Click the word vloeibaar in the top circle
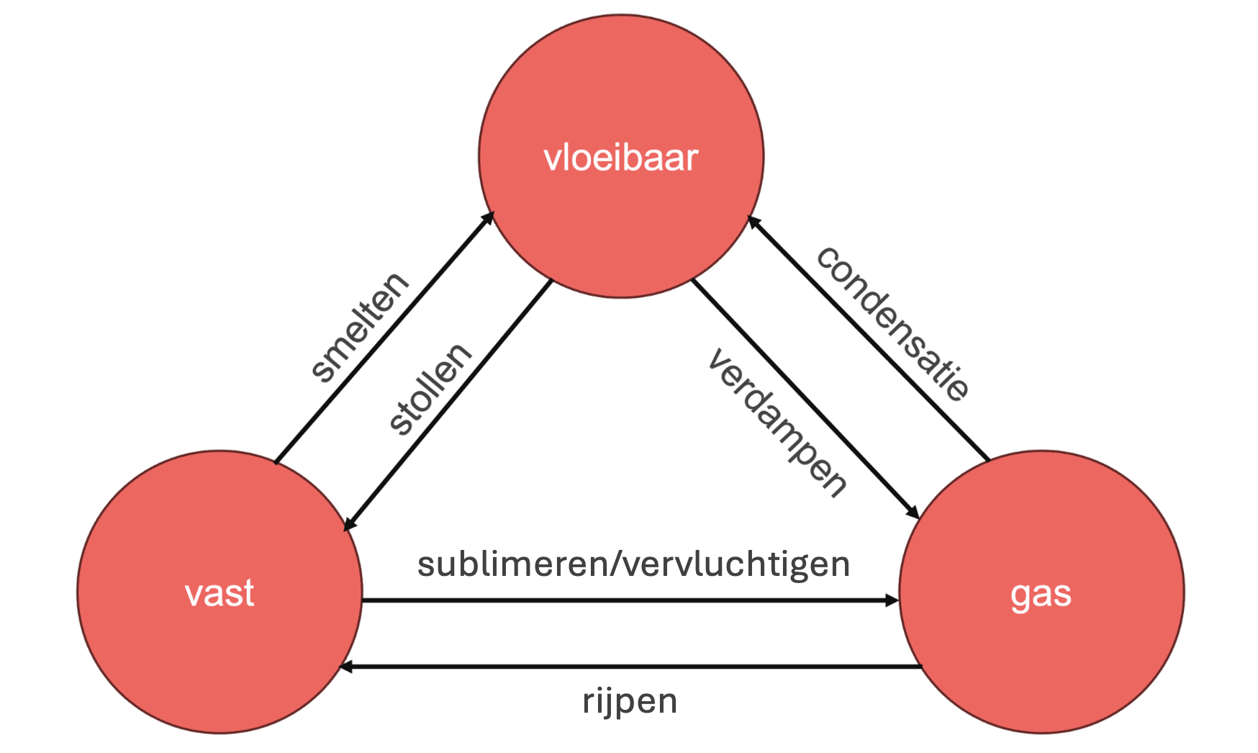coord(620,158)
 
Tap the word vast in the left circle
coord(220,593)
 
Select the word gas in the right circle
coord(1041,595)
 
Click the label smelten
coord(359,327)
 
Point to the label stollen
coord(429,389)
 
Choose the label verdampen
coord(777,423)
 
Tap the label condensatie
coord(893,323)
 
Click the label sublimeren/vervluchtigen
coord(633,564)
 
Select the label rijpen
coord(630,700)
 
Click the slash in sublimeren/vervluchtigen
coord(614,564)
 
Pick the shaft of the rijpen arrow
coord(633,667)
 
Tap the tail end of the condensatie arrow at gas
coord(987,459)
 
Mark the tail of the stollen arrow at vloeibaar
coord(551,281)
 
